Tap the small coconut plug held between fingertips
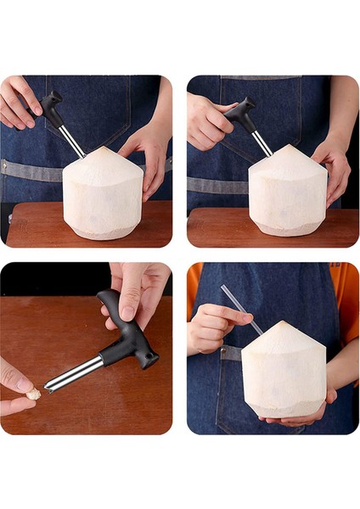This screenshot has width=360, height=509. pos(34,394)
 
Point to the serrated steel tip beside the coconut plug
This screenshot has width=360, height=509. pos(53,386)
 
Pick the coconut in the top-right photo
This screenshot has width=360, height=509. pos(287,193)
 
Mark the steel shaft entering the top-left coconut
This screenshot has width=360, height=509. pos(72,140)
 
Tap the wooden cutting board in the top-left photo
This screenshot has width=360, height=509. pos(34,225)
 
